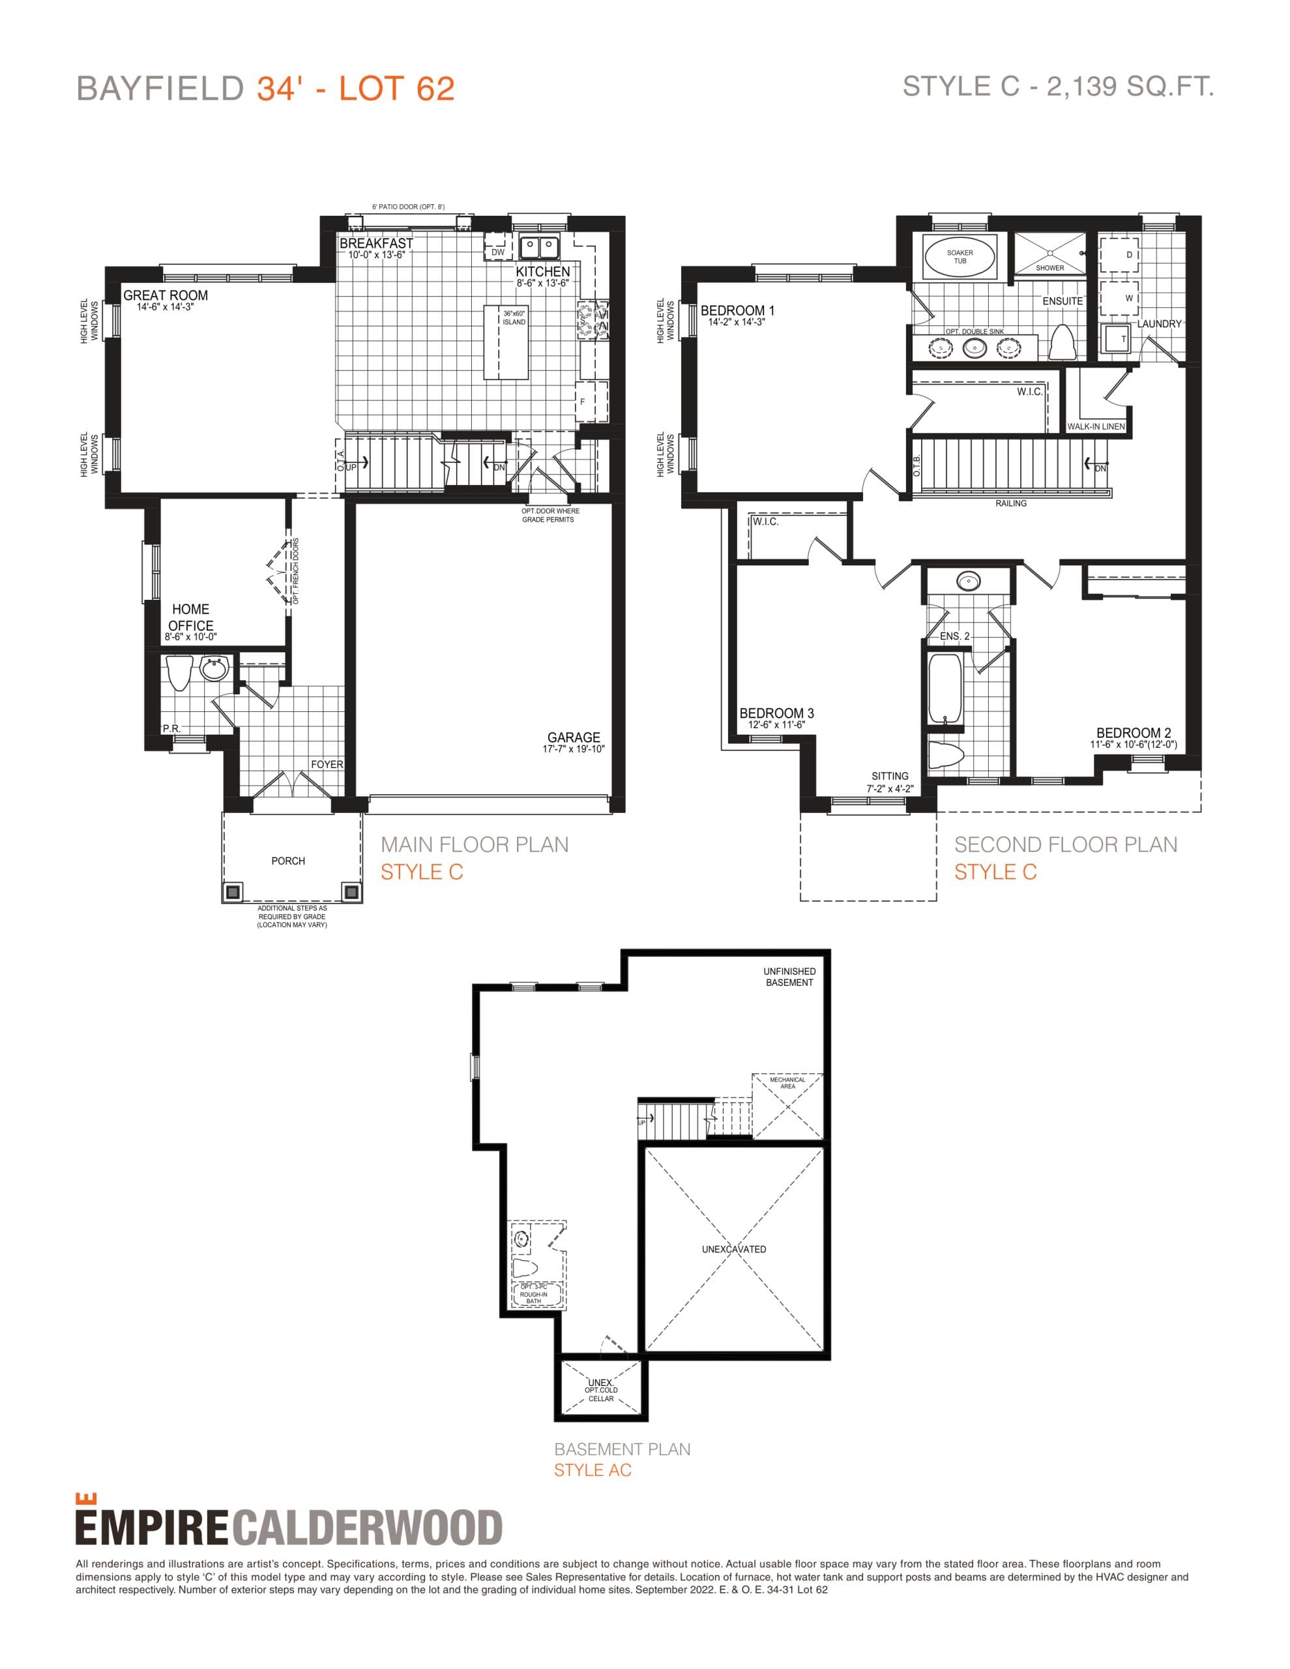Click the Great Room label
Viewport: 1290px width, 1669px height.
[165, 295]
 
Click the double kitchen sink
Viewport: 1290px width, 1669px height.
[539, 248]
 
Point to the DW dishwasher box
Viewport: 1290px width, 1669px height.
[497, 252]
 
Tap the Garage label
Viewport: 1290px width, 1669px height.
[573, 737]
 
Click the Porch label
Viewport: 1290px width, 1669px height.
[288, 861]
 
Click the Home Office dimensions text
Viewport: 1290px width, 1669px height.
[190, 636]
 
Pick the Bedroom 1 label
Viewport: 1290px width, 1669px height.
[737, 310]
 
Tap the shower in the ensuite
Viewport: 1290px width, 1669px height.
[1049, 253]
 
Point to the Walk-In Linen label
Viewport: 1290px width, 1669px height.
[1096, 426]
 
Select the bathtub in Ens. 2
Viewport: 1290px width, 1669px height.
[945, 687]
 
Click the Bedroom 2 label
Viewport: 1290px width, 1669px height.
[1134, 733]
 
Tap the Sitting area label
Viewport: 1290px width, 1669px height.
[890, 776]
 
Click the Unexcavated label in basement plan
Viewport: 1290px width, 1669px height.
[733, 1249]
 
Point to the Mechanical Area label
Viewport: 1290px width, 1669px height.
[787, 1083]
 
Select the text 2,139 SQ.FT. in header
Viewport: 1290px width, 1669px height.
[1130, 86]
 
